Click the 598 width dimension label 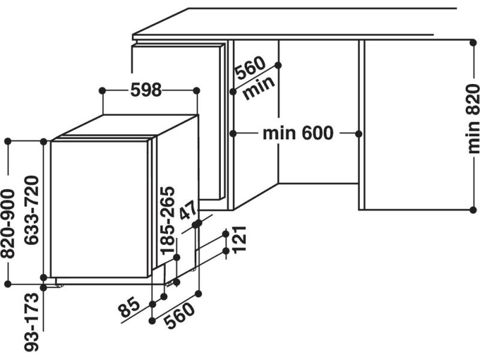(146, 90)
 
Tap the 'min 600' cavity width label (297, 133)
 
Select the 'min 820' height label (472, 119)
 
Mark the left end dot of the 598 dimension (103, 90)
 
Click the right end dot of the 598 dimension (197, 90)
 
